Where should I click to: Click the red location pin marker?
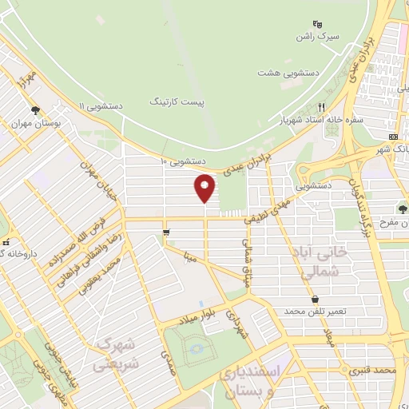tap(204, 188)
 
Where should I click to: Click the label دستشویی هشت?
tap(288, 72)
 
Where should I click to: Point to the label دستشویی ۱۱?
tap(99, 105)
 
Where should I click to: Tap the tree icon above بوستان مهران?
tap(34, 110)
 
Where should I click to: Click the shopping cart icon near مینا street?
tap(165, 232)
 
